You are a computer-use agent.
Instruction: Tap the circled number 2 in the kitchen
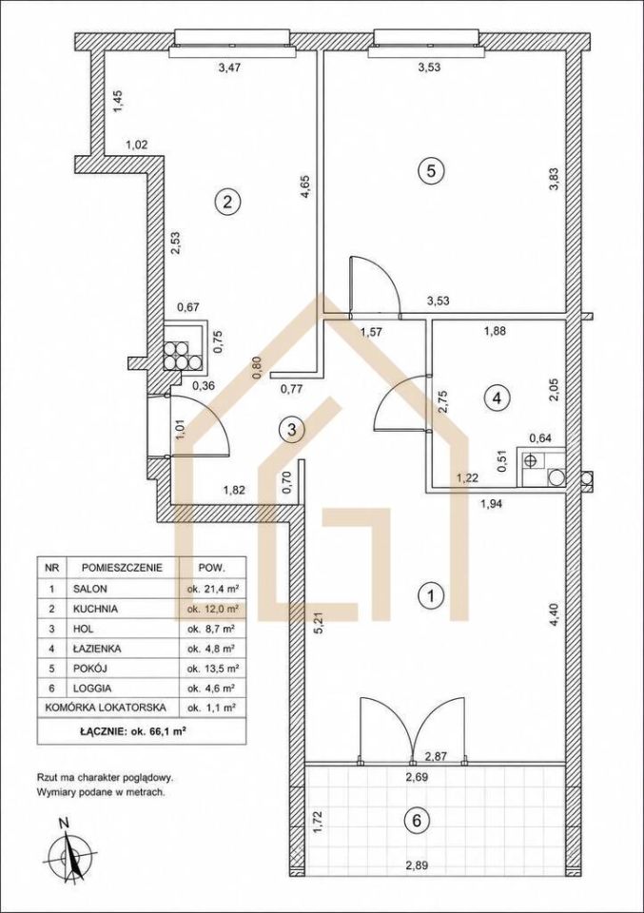[x=227, y=202]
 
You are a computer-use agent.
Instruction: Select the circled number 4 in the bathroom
[x=497, y=398]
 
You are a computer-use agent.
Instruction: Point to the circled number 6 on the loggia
[x=417, y=821]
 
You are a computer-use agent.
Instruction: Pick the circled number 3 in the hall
[x=291, y=430]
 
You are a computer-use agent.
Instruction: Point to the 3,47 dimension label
[x=229, y=67]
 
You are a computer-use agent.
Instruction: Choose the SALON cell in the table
[x=90, y=589]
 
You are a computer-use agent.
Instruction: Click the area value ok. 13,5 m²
[x=213, y=668]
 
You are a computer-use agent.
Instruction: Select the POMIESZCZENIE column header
[x=123, y=567]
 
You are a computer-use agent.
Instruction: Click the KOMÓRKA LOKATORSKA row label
[x=106, y=708]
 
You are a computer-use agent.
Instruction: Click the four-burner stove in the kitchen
[x=183, y=355]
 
